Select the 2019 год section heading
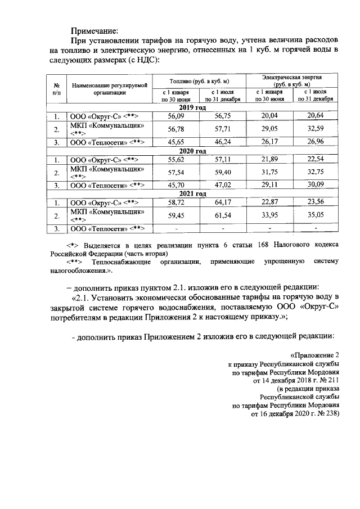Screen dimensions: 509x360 click(193, 107)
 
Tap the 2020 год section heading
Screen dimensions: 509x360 click(193, 151)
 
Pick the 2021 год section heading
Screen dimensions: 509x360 click(193, 194)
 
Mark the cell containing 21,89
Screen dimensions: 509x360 click(267, 160)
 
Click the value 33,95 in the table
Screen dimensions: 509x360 click(267, 215)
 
